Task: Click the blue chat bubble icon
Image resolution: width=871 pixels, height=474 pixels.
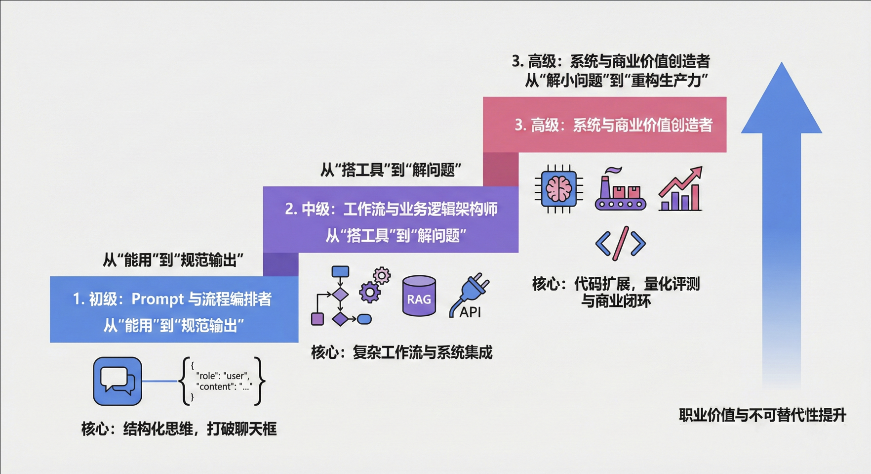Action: (x=118, y=381)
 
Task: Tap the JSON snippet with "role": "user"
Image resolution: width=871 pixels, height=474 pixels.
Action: (x=223, y=381)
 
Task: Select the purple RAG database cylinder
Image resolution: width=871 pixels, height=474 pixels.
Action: (x=419, y=296)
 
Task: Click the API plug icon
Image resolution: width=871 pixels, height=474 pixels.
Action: (x=469, y=296)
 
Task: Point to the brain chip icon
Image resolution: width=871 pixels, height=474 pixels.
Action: (x=559, y=189)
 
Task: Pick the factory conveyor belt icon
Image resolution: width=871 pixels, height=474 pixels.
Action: (x=620, y=190)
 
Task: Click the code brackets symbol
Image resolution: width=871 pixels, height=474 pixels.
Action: (x=620, y=243)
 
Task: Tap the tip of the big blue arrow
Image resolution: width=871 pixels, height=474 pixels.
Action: (x=782, y=65)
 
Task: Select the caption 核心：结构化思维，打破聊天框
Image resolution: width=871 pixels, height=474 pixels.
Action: (x=179, y=429)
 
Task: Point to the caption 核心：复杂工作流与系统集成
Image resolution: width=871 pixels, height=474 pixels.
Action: (x=401, y=352)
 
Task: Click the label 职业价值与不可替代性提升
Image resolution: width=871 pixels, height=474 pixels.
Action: (x=762, y=415)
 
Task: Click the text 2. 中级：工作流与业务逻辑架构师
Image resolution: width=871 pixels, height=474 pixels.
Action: (x=391, y=209)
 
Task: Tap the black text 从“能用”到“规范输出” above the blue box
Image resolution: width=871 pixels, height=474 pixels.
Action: (x=173, y=260)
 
